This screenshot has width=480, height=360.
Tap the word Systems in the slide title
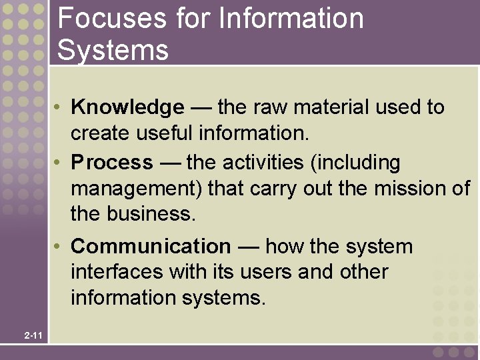tap(113, 50)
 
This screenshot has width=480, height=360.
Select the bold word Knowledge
tap(127, 107)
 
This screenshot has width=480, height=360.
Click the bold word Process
tap(112, 163)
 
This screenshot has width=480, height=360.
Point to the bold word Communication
tap(151, 247)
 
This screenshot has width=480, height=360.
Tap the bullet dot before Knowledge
tap(59, 107)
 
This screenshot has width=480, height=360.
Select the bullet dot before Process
tap(59, 163)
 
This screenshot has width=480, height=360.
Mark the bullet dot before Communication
tap(59, 247)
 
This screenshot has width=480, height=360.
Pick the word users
tap(262, 272)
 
